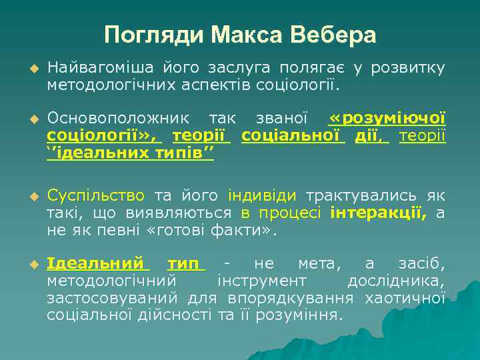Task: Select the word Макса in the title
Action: (245, 34)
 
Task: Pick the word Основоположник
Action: (115, 120)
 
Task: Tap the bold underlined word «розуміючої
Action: (387, 120)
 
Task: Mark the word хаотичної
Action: (405, 297)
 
